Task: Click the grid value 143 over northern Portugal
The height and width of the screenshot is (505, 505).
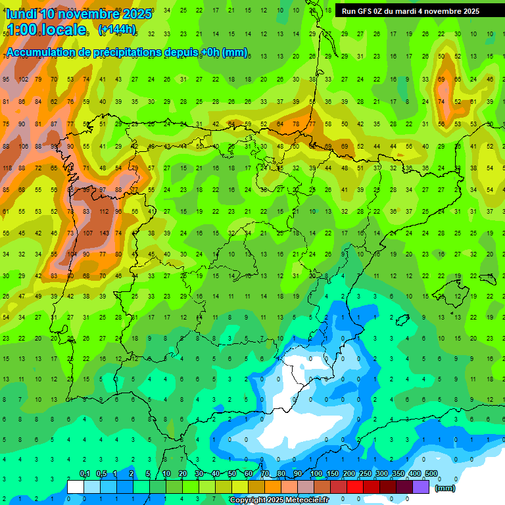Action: (103, 233)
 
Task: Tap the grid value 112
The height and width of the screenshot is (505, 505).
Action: (103, 212)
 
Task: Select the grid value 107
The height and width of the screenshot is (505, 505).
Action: (87, 233)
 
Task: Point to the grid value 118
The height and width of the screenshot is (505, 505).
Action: (7, 168)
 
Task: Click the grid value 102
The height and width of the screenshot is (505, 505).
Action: (23, 80)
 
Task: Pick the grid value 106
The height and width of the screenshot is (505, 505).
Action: (23, 147)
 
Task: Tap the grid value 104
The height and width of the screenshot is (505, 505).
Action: (71, 254)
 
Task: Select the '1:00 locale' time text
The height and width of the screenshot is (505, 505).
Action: (46, 30)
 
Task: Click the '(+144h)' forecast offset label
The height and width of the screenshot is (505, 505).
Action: (116, 30)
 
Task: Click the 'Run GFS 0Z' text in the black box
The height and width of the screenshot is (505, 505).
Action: (365, 11)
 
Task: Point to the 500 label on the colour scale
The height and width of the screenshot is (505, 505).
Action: (431, 474)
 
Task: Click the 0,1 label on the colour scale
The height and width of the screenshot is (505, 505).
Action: (85, 474)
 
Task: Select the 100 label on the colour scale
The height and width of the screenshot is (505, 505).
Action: (316, 474)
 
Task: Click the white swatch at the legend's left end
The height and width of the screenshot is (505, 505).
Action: (76, 487)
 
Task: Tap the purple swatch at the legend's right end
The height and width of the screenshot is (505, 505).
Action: (421, 487)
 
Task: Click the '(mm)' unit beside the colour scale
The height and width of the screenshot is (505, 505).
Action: (445, 488)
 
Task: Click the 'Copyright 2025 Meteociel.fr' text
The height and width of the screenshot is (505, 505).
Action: (278, 500)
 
